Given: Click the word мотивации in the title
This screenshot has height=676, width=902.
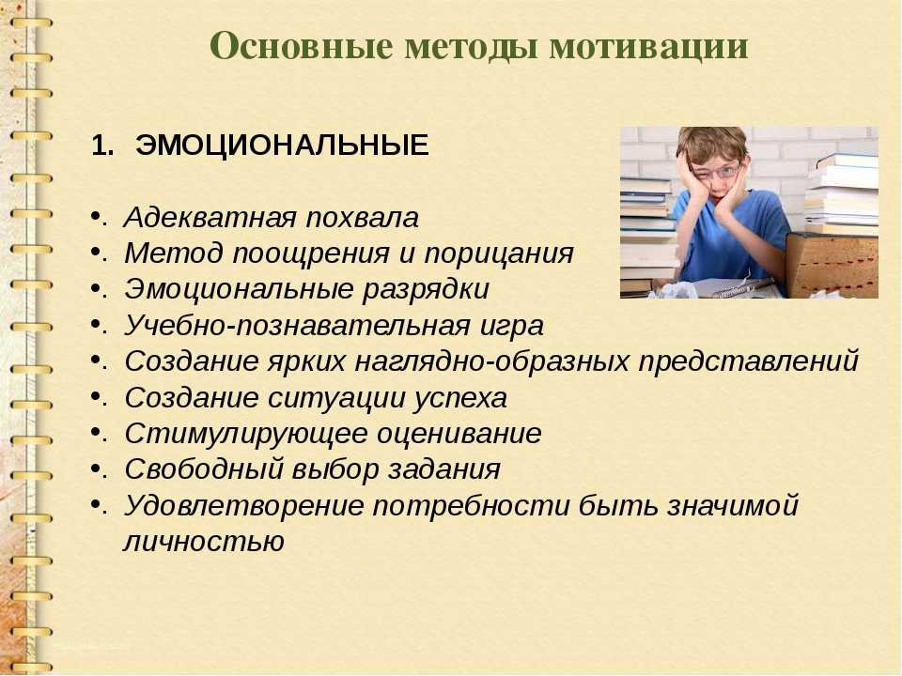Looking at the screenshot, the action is click(649, 47).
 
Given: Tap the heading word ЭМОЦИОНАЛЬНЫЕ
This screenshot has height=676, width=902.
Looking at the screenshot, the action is click(282, 145).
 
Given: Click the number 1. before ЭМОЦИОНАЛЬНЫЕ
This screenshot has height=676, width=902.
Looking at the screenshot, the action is click(102, 146).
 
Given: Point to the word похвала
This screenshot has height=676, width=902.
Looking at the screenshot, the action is click(362, 217).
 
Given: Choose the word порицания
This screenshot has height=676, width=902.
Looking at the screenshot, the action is click(499, 253).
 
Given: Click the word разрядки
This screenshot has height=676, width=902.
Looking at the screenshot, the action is click(426, 289).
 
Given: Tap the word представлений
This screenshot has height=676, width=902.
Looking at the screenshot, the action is click(749, 361).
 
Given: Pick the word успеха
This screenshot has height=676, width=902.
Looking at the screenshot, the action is click(460, 398).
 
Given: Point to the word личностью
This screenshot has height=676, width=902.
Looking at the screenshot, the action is click(204, 542).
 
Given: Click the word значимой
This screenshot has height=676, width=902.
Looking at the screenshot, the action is click(732, 506).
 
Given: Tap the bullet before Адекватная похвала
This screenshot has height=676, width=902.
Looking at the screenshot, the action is click(95, 216).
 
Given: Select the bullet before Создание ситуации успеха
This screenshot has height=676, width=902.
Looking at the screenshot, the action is click(95, 396).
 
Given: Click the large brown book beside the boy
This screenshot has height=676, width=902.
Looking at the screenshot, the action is click(833, 265).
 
